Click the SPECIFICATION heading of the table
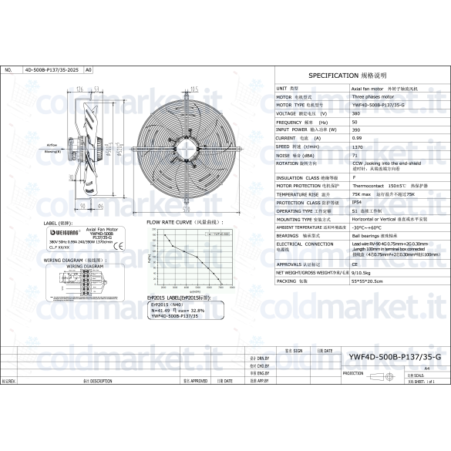[358, 76]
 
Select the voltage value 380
[355, 113]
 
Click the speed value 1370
[357, 146]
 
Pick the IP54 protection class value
[357, 203]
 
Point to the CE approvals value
[355, 264]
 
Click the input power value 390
[355, 130]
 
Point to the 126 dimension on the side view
[80, 89]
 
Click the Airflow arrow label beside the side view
[53, 145]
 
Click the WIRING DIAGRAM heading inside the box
[79, 266]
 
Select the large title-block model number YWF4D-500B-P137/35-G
[394, 357]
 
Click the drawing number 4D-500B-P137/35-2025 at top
[52, 69]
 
